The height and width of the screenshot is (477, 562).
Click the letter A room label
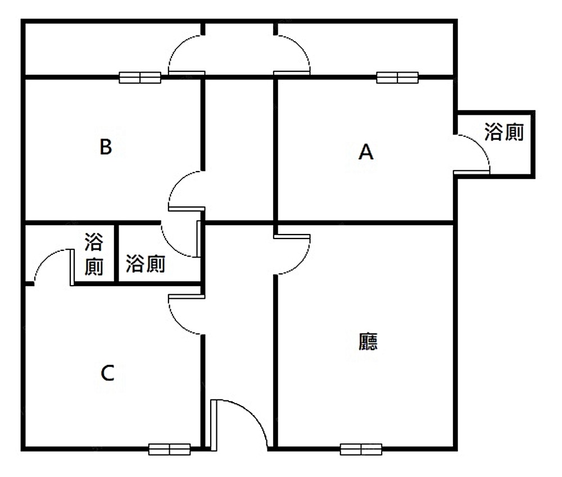(x=366, y=152)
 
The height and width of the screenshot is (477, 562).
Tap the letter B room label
(x=106, y=147)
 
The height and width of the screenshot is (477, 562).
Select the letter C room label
(x=107, y=373)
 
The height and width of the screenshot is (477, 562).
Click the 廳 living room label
(x=368, y=341)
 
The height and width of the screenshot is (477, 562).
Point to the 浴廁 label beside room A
(x=504, y=132)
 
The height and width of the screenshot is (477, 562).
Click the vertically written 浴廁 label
(x=94, y=254)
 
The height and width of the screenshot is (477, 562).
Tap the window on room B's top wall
(x=140, y=78)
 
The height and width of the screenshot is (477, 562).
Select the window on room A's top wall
(x=397, y=78)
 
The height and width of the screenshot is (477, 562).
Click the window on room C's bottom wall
(x=170, y=449)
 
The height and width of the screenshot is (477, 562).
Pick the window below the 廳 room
(x=361, y=449)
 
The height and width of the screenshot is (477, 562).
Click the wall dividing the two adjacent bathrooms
(x=116, y=254)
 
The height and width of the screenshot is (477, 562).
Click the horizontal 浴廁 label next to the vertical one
(x=146, y=264)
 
